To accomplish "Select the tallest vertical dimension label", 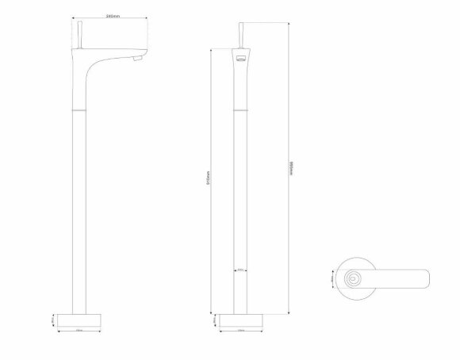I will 292,170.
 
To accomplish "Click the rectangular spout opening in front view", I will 240,59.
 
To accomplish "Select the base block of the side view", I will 79,320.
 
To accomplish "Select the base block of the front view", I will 240,320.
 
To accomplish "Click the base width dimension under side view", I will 79,331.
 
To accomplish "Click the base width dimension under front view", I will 240,331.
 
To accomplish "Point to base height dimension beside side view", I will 52,320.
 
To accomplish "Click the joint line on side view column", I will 79,104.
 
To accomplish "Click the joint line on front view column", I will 240,104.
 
